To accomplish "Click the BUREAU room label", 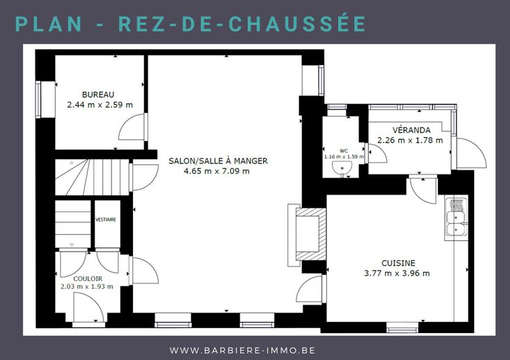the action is click(x=98, y=95).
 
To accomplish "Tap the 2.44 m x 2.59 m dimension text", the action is click(x=100, y=105).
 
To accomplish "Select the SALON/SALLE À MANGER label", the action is click(x=218, y=161).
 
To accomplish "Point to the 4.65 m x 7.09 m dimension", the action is click(x=217, y=171).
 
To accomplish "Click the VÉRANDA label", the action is click(x=412, y=130).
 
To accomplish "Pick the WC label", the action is click(x=344, y=151).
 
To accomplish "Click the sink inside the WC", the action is click(x=342, y=168).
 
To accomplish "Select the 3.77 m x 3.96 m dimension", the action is click(x=397, y=273).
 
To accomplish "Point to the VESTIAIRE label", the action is click(x=106, y=219).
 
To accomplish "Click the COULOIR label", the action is click(x=88, y=279).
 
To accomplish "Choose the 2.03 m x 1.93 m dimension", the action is click(x=87, y=287).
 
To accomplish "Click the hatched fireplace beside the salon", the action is click(x=310, y=234).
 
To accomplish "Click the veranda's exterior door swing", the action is click(x=471, y=153).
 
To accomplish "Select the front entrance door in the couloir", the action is click(x=89, y=307).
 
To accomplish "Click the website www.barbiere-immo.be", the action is click(x=243, y=350).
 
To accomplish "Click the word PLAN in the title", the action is click(x=48, y=24).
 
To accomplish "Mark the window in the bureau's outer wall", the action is click(x=38, y=100).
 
